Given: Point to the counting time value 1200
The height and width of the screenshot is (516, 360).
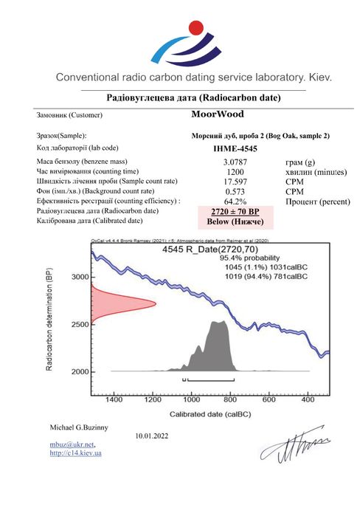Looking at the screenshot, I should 234,171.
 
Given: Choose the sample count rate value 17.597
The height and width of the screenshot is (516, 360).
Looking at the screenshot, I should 234,180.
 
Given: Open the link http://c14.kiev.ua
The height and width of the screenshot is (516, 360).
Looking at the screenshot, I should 75,453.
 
